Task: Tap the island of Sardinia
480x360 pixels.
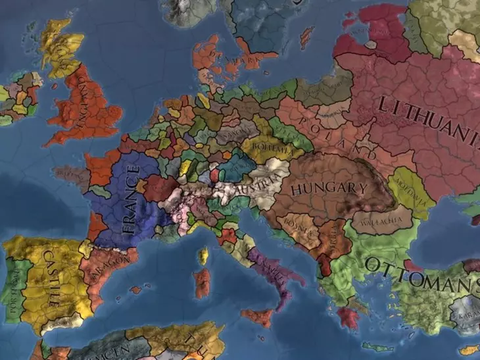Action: pyautogui.click(x=201, y=283)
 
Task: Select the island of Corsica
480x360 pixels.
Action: pyautogui.click(x=203, y=256)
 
